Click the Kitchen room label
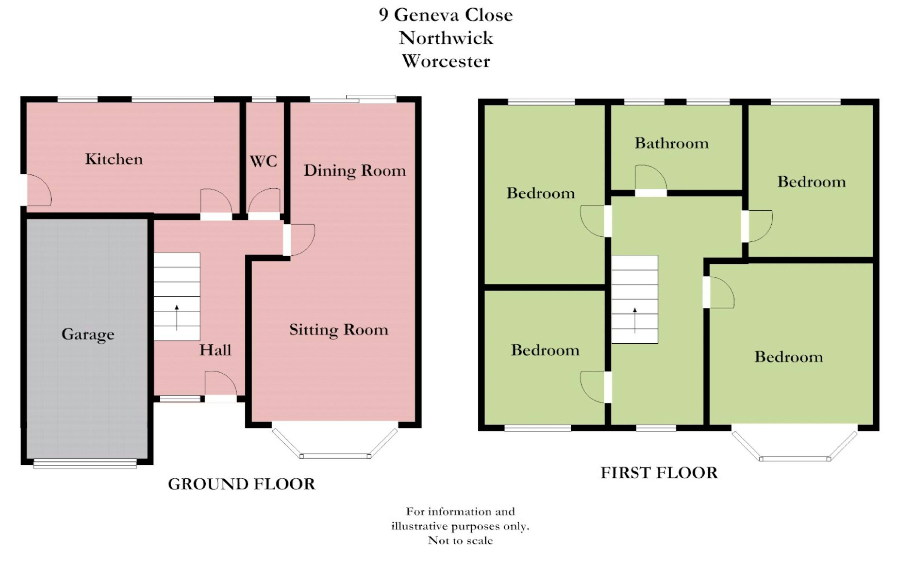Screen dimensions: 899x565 coord(114,159)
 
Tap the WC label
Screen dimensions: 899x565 coord(264,161)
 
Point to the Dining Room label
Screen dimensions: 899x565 coord(355,171)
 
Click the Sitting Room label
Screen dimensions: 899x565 coord(339,330)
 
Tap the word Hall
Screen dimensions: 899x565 coord(215,350)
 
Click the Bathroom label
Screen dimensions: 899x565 coord(672,143)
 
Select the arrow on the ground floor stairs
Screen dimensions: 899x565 coord(177,318)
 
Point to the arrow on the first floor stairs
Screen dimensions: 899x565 coord(635,321)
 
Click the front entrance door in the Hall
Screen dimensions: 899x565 coord(221,383)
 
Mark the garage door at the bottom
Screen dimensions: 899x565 coord(85,464)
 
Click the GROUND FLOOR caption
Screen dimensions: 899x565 coord(242,484)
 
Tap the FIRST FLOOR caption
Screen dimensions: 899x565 coord(659,473)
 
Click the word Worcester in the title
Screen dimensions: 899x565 coord(446,61)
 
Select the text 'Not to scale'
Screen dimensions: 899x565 coord(460,541)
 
